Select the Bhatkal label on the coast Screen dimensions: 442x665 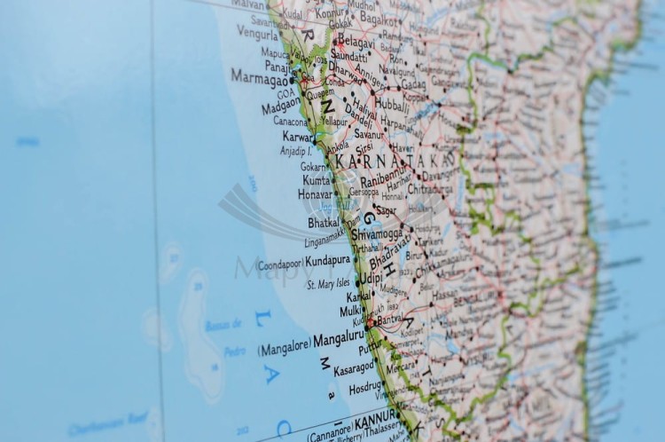click(x=323, y=222)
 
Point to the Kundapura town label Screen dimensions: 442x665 click(x=327, y=262)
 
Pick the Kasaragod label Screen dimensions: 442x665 click(x=355, y=367)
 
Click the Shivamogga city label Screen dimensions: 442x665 click(x=377, y=234)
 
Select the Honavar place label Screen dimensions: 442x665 click(x=315, y=193)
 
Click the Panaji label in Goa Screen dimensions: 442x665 click(x=277, y=65)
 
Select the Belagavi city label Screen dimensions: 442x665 click(x=356, y=41)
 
